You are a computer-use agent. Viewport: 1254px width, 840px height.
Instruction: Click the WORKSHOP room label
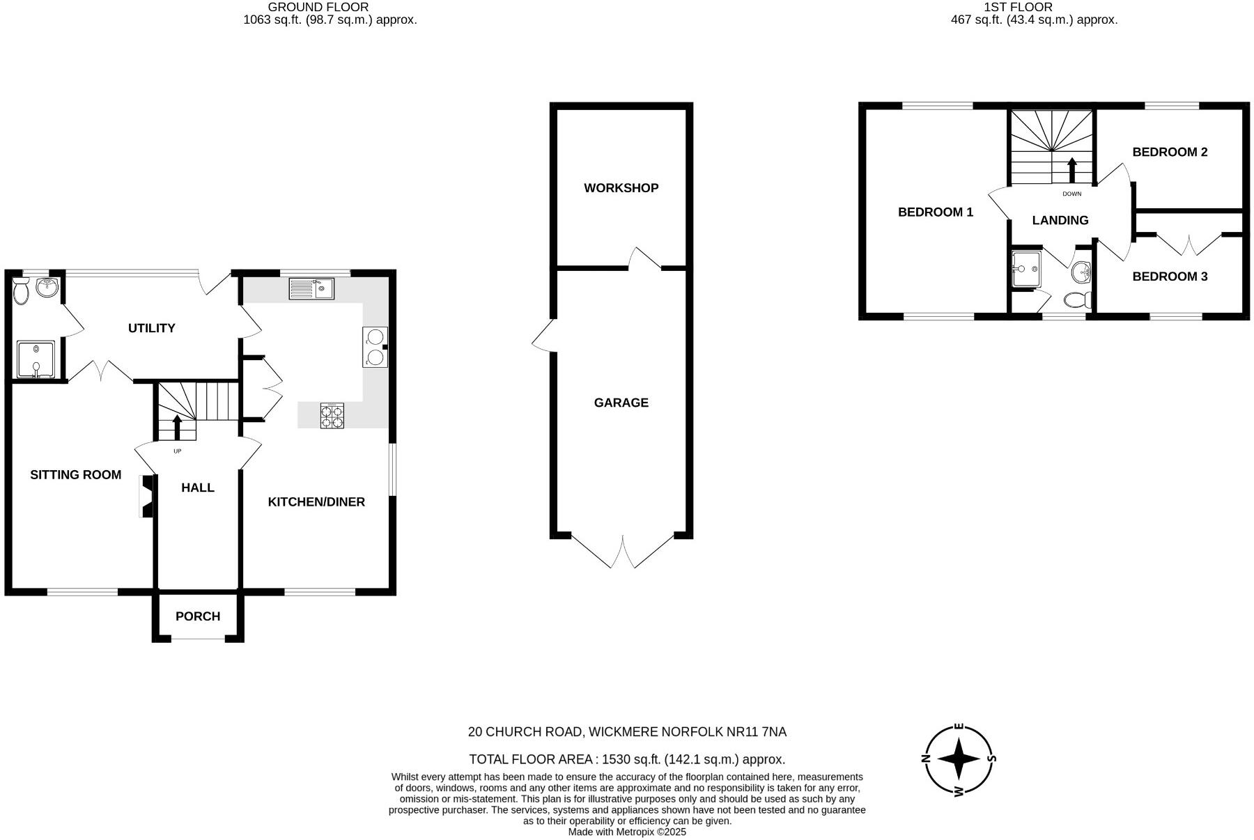[621, 188]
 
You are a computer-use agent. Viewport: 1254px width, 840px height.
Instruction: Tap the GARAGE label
[621, 403]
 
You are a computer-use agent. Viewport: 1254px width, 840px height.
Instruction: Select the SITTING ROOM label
[75, 475]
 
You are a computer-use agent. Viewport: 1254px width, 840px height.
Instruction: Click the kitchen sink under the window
[311, 288]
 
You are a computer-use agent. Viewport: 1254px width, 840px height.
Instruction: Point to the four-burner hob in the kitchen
[332, 416]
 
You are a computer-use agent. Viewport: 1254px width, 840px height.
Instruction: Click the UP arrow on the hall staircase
[177, 427]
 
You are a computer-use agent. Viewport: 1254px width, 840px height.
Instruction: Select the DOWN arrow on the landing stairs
[1071, 170]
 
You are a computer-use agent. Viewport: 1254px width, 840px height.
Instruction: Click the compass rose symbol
[959, 760]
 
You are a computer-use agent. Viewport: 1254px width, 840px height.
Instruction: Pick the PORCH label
[198, 616]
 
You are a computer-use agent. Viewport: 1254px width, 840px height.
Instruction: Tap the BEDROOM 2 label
[1170, 152]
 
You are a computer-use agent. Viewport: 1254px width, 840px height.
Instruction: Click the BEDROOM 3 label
[1170, 277]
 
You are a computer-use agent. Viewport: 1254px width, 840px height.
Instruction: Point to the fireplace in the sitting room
[146, 496]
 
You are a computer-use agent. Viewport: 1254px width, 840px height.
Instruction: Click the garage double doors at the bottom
[623, 552]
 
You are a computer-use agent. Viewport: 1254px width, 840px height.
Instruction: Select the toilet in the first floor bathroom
[1077, 300]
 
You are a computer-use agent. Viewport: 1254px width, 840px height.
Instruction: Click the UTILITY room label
[151, 328]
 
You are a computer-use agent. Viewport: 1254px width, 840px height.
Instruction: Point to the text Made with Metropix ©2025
[627, 832]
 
